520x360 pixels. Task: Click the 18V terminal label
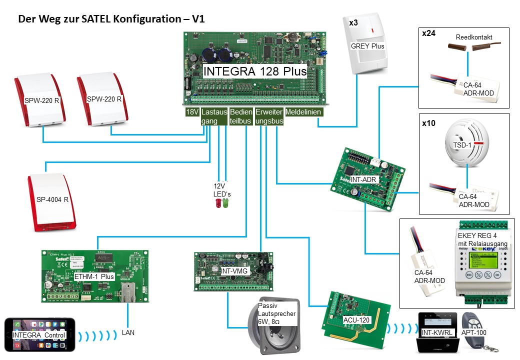192,112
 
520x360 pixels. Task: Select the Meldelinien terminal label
303,112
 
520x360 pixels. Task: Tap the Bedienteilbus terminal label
240,116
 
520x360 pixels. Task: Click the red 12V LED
218,203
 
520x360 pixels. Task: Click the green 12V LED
225,203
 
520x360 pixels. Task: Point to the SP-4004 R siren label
52,199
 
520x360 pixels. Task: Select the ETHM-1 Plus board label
94,276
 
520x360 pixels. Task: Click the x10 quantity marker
428,122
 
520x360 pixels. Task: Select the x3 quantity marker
353,22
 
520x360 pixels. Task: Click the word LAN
128,332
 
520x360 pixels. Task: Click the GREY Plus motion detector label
367,45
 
